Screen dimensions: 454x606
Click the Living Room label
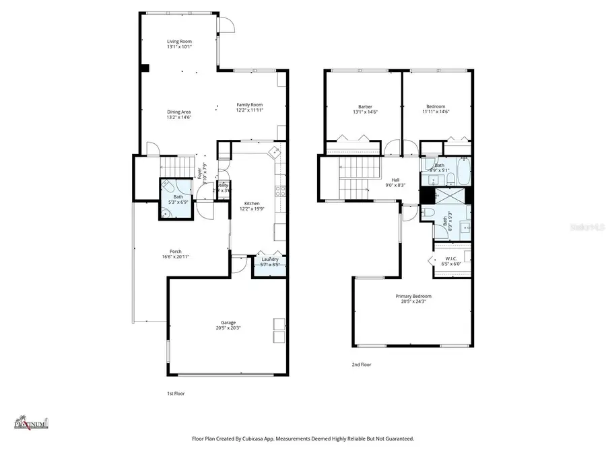click(179, 42)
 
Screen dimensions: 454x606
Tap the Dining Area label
click(179, 112)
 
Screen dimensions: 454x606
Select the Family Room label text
click(249, 104)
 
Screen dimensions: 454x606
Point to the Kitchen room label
click(252, 203)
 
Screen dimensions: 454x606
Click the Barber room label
click(365, 106)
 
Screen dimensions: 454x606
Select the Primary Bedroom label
click(413, 296)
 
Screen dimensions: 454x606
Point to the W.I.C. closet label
click(451, 259)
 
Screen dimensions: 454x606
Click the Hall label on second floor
click(396, 180)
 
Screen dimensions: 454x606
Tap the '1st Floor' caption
click(176, 393)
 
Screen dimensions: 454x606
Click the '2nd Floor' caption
click(361, 365)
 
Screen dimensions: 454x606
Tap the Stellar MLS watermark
click(584, 227)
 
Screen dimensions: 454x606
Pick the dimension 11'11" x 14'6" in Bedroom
click(436, 112)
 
